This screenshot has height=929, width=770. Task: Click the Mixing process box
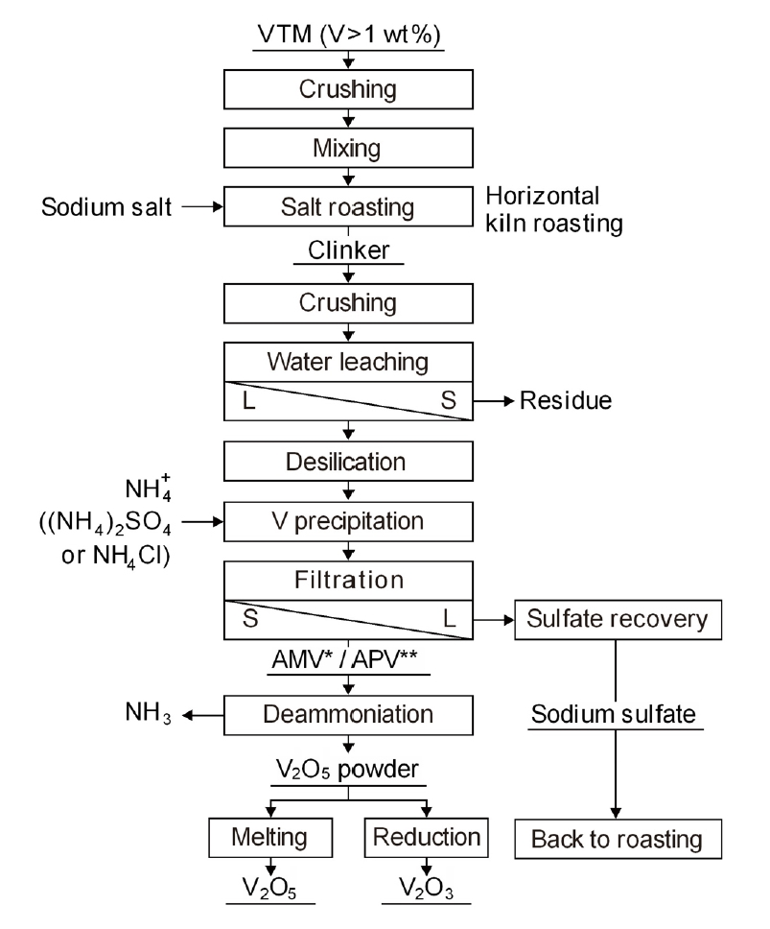[349, 149]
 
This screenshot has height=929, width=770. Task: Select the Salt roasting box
[349, 206]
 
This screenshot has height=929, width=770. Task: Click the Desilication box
[349, 463]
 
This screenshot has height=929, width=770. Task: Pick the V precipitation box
[349, 523]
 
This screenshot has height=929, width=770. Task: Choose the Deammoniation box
[349, 715]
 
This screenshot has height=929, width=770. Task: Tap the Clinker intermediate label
[348, 251]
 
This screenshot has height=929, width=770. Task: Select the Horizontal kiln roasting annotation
[554, 209]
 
